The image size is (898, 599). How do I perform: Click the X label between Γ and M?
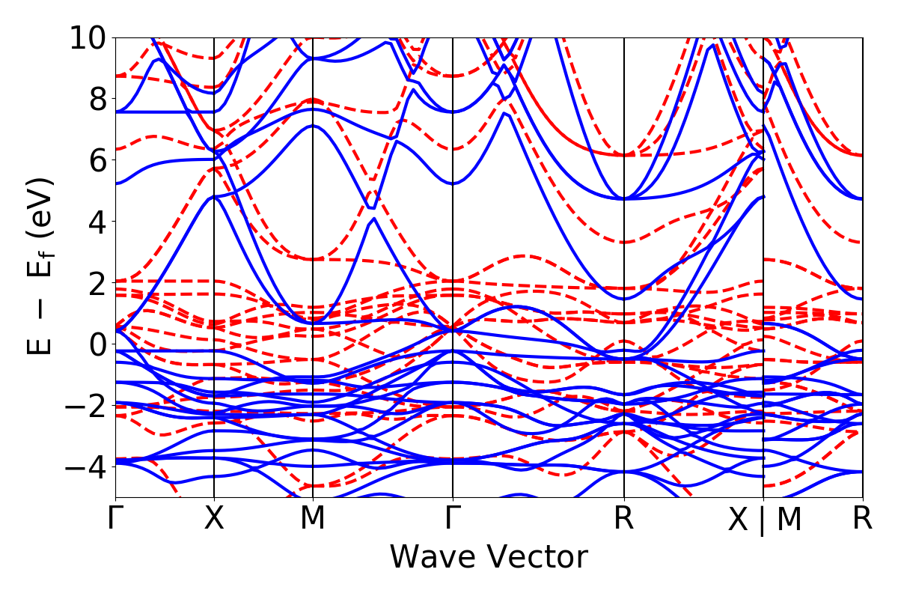(x=215, y=519)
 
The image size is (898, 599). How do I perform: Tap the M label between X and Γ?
(x=313, y=519)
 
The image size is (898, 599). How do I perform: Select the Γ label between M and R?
(x=453, y=519)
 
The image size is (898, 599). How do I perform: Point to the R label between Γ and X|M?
(x=624, y=519)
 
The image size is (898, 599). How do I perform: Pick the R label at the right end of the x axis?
(x=863, y=519)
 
